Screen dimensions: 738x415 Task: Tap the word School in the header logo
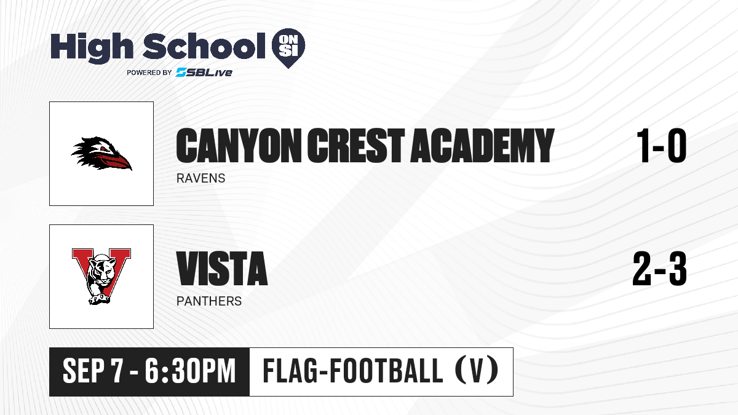(x=204, y=45)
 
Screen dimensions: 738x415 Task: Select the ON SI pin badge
(x=288, y=48)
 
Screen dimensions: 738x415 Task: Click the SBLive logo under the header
(x=204, y=72)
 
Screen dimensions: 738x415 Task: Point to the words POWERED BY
(x=149, y=73)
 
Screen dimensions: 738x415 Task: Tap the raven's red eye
(x=104, y=149)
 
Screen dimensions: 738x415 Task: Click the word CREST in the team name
(x=356, y=145)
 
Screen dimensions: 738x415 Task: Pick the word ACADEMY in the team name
(x=482, y=145)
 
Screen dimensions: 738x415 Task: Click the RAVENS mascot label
(x=200, y=178)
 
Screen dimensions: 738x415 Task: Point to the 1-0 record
(x=662, y=145)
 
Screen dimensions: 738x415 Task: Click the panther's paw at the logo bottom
(x=99, y=299)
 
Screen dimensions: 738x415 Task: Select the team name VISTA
(x=222, y=269)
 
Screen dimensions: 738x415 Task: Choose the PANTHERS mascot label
(x=209, y=301)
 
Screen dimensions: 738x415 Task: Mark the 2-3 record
(x=659, y=269)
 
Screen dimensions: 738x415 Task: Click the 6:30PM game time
(x=190, y=371)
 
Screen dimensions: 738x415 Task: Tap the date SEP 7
(x=92, y=371)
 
